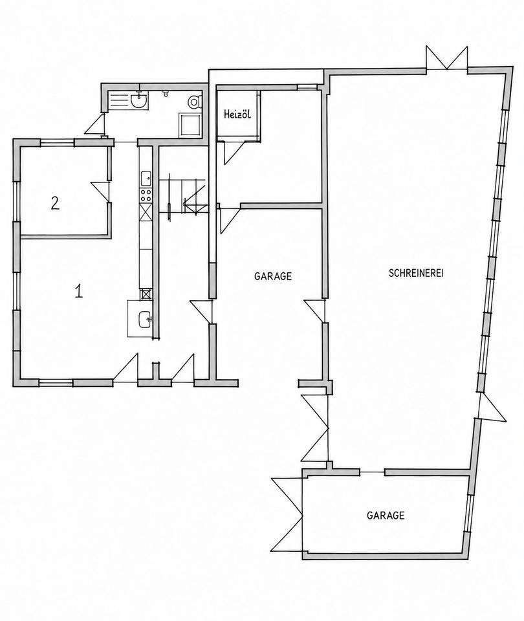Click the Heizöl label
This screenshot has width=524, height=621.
(237, 115)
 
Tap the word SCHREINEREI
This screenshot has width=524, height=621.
(416, 273)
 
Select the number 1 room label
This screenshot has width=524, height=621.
(79, 292)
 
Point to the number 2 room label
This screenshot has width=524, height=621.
(55, 203)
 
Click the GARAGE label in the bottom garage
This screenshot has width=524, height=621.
(386, 516)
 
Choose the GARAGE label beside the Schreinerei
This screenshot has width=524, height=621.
(273, 276)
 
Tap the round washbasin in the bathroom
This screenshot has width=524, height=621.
(138, 101)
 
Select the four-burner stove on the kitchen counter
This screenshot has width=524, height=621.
(146, 195)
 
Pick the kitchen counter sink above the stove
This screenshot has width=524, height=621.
(146, 179)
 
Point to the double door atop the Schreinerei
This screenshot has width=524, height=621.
(447, 58)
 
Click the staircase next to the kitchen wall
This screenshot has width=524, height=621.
(183, 195)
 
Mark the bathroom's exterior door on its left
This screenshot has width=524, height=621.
(94, 124)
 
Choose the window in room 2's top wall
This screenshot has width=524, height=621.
(57, 142)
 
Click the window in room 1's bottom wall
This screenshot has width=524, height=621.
(56, 383)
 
